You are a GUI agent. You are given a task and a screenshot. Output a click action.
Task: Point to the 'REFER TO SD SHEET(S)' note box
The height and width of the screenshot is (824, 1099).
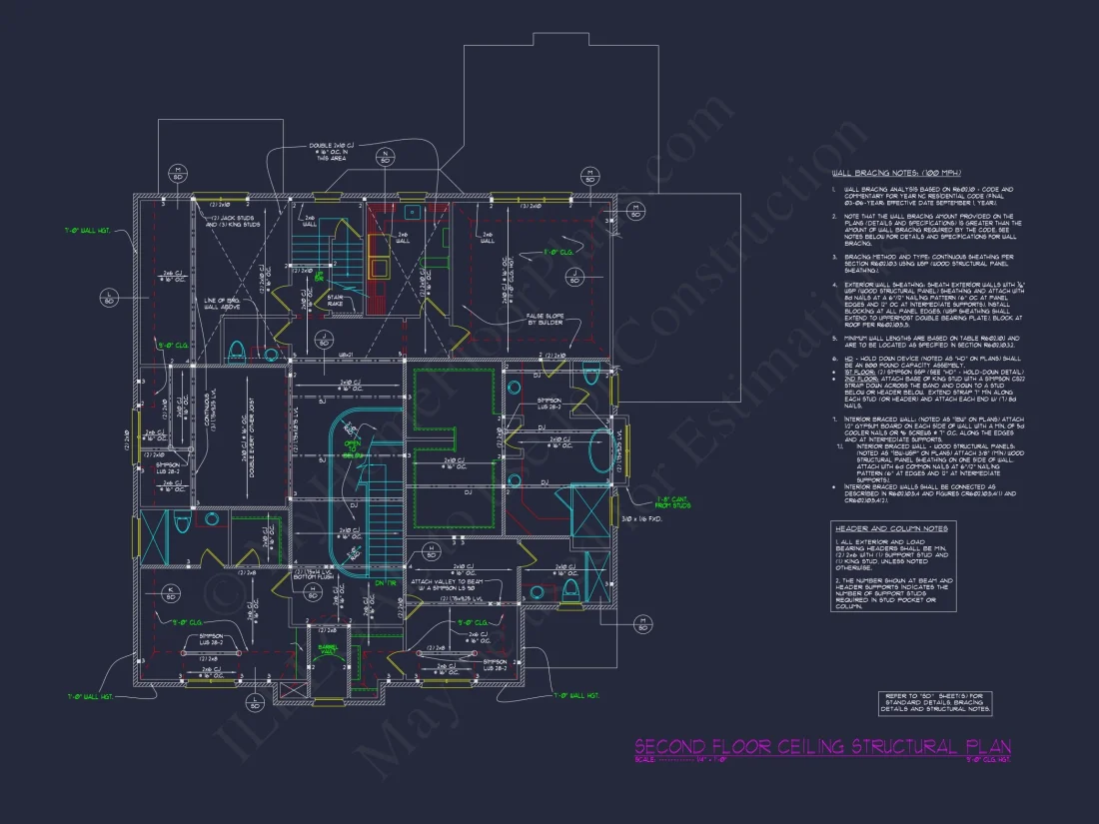click(x=935, y=703)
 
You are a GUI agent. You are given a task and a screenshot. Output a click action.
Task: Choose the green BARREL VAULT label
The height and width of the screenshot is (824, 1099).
click(x=330, y=649)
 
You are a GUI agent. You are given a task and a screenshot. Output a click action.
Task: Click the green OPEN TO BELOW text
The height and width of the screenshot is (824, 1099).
click(x=352, y=446)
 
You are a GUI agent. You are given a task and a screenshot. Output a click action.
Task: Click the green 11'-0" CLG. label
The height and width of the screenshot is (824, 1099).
click(x=559, y=253)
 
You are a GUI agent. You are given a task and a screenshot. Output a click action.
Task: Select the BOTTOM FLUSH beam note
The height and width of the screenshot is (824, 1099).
click(x=306, y=576)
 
